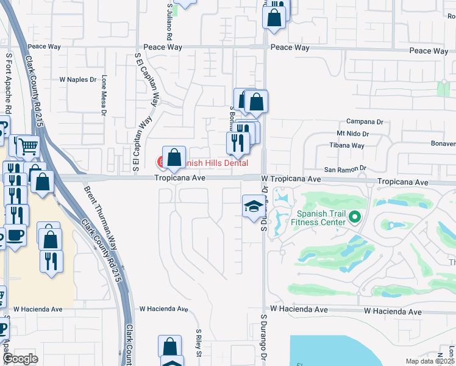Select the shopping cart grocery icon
(27, 146)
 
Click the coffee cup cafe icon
(15, 235)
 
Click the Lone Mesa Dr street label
(104, 95)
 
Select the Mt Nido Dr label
(353, 134)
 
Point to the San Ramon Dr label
(344, 168)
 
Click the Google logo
(20, 359)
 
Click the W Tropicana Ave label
(291, 179)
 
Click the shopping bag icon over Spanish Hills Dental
(174, 157)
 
